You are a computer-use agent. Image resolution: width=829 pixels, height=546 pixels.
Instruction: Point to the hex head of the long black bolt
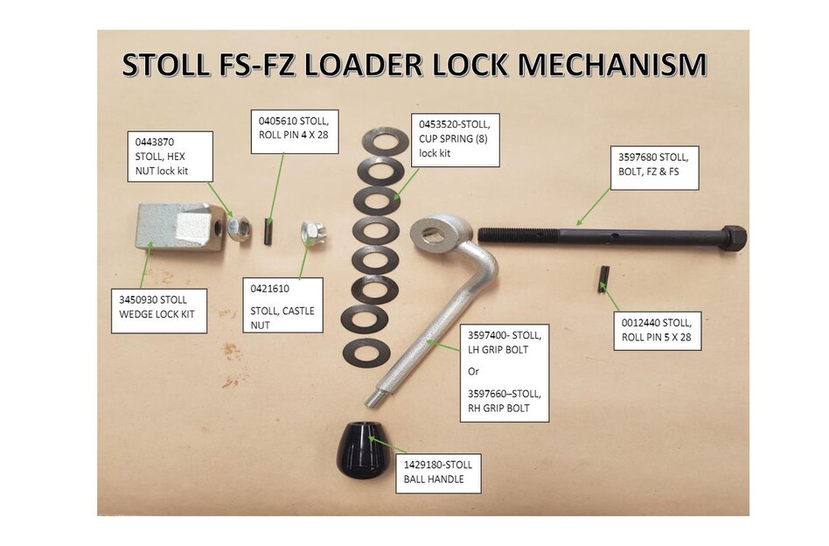(x=733, y=237)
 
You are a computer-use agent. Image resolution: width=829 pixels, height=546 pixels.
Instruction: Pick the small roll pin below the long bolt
(x=603, y=279)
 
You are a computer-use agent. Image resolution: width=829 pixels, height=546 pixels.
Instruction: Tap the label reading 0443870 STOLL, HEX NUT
(x=171, y=155)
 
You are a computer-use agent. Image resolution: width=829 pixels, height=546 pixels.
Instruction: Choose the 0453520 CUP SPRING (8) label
(x=454, y=139)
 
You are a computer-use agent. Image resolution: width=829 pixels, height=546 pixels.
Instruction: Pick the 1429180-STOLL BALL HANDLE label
(x=438, y=472)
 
